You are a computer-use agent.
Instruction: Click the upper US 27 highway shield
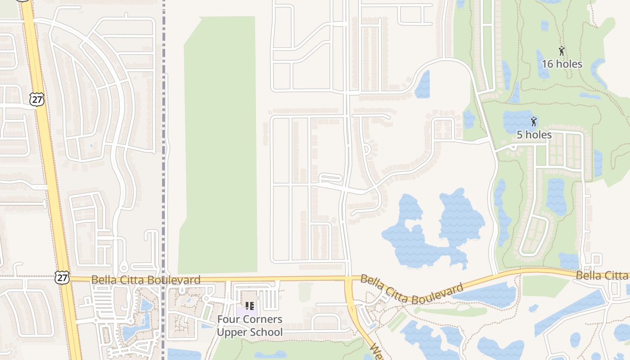point(37,99)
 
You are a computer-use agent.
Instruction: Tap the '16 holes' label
point(562,64)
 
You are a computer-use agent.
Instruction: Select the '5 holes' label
point(534,135)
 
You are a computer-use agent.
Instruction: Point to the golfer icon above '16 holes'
point(561,50)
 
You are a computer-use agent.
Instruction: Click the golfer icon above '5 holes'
point(534,121)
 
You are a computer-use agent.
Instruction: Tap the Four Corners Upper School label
point(250,326)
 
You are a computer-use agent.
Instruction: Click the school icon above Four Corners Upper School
point(250,306)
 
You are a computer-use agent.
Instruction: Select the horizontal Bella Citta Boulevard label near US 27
point(146,280)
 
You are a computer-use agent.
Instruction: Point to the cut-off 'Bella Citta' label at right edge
point(603,275)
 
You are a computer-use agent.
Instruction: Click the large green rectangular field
point(219,144)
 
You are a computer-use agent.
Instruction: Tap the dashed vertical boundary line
point(163,180)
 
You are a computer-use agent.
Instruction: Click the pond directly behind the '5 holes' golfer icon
point(517,121)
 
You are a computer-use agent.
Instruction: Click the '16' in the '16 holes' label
point(547,64)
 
